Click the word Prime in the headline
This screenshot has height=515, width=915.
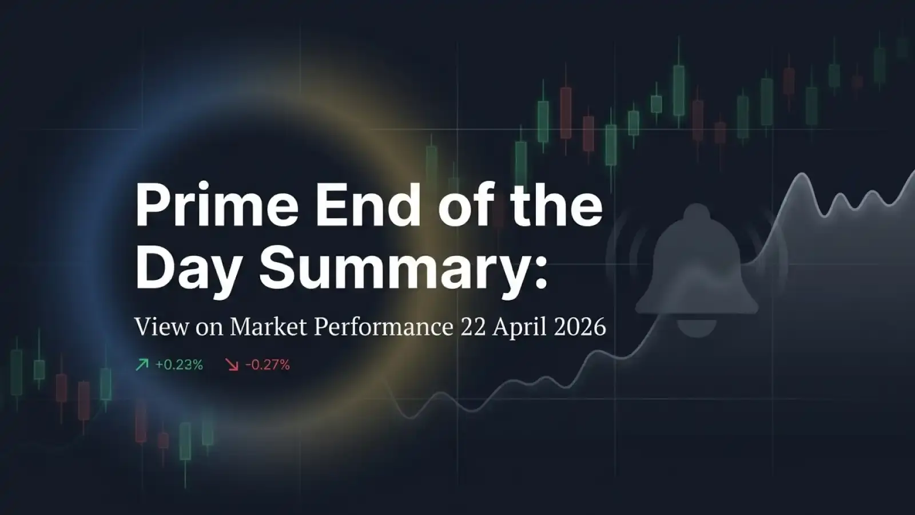click(x=216, y=206)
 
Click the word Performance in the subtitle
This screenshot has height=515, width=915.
click(x=383, y=327)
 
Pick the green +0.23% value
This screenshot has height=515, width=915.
click(x=179, y=365)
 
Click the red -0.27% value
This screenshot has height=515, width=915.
click(x=268, y=365)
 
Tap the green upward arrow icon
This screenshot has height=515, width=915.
click(x=142, y=365)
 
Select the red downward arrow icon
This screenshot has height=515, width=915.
click(x=232, y=365)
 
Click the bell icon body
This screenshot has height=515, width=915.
click(x=696, y=263)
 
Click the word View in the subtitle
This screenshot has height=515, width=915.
click(x=161, y=327)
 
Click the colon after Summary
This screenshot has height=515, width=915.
click(x=539, y=272)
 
